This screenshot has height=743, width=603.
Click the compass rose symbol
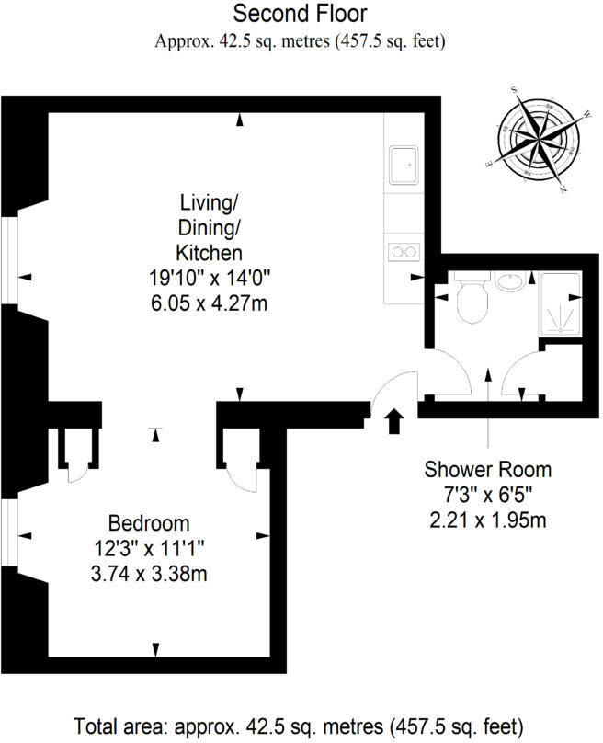(x=540, y=141)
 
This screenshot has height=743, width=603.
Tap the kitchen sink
(x=404, y=166)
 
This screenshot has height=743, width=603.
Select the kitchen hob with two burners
(x=404, y=250)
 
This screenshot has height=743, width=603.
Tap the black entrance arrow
(x=394, y=421)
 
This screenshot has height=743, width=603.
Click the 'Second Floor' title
(x=300, y=14)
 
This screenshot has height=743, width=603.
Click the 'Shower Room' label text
(x=487, y=469)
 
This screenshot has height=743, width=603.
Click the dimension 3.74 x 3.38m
(x=149, y=575)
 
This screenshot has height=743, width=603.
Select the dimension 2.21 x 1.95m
(x=487, y=520)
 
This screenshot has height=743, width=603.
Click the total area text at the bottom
(x=300, y=722)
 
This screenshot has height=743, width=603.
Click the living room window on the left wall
(x=8, y=261)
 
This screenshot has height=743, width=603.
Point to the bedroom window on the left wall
(x=8, y=532)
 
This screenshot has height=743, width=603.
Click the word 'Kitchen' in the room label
(x=210, y=252)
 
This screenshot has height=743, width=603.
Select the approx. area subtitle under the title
(x=300, y=41)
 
